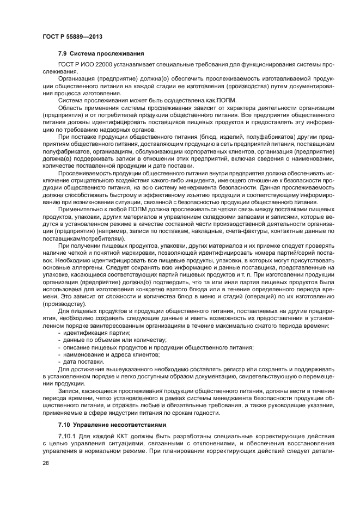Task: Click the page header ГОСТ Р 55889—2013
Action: tap(72, 36)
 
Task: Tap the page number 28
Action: tap(46, 461)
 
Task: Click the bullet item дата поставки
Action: tap(83, 361)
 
